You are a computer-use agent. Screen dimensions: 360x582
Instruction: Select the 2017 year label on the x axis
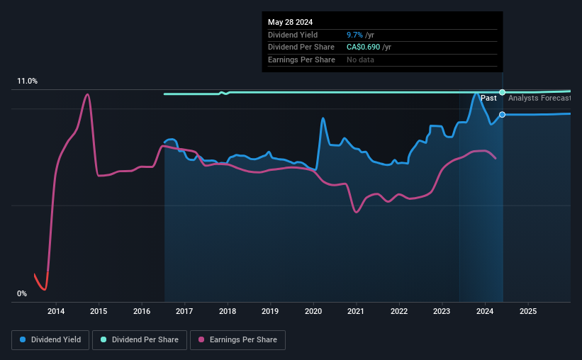(184, 311)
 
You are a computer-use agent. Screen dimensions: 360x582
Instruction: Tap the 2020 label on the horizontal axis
(313, 311)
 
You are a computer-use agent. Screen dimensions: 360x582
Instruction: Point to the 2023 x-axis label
(442, 311)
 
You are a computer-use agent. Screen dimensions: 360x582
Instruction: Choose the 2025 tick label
(527, 311)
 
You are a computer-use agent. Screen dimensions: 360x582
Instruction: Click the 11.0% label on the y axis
(27, 81)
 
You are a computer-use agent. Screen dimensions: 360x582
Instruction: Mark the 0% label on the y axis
(21, 293)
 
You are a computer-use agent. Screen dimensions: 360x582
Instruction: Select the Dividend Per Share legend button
(140, 340)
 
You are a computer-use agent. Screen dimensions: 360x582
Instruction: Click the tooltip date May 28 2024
(290, 22)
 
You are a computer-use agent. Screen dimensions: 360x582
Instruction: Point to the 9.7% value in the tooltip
(354, 35)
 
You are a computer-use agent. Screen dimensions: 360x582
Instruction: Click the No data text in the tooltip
(360, 60)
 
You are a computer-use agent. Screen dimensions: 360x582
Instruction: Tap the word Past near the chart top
(488, 98)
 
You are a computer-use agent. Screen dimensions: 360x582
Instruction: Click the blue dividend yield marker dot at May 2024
(502, 114)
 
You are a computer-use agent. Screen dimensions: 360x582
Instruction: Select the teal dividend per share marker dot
(502, 92)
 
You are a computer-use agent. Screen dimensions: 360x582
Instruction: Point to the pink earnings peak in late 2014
(87, 94)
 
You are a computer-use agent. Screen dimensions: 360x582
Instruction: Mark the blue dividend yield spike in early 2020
(323, 118)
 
